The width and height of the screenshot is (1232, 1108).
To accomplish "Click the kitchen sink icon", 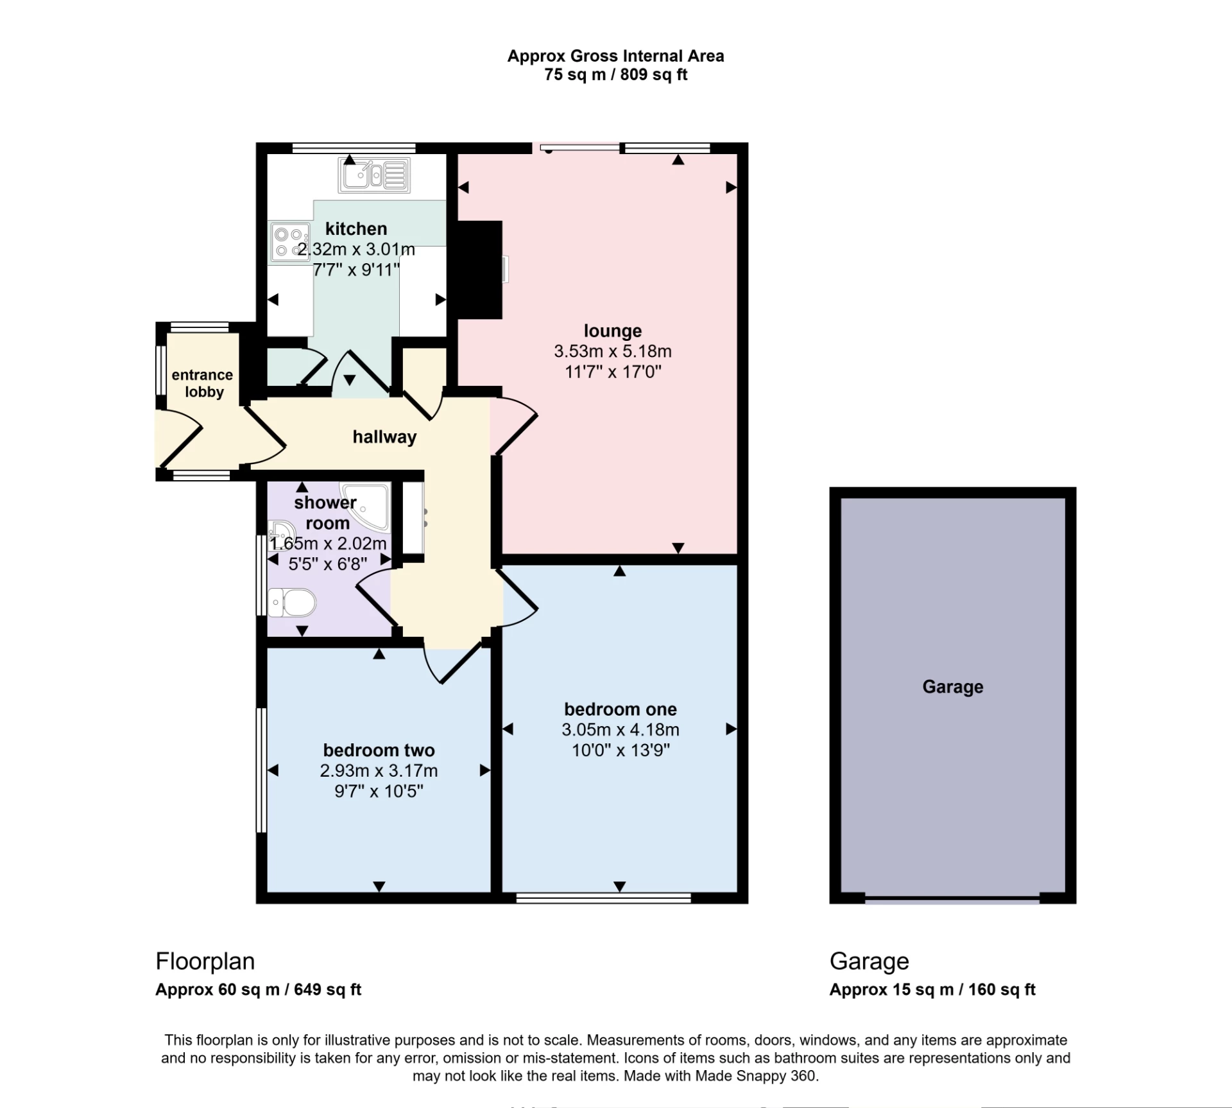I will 374,175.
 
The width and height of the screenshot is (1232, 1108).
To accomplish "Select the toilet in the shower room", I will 293,603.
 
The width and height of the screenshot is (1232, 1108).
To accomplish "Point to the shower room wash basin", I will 280,532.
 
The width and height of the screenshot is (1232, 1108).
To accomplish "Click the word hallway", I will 384,437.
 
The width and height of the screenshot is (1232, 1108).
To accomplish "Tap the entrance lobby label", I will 203,383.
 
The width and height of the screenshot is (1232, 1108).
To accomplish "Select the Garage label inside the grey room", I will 952,687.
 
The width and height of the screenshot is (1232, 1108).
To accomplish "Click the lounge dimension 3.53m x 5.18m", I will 612,351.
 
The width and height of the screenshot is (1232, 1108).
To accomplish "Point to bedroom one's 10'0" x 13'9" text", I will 620,750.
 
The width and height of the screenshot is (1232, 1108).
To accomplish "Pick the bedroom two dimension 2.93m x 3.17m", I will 379,770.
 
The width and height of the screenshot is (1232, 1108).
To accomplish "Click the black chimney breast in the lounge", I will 478,270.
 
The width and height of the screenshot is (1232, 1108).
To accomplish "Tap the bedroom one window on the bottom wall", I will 603,898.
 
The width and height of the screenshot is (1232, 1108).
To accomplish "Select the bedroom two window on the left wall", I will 261,770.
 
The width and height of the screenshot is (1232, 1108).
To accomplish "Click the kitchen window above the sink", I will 354,148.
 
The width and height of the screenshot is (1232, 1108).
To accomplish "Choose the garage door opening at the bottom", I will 952,900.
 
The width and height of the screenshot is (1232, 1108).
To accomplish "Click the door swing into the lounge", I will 513,424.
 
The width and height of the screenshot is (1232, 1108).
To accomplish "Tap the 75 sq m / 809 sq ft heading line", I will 615,75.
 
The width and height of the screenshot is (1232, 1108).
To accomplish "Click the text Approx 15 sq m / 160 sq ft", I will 932,989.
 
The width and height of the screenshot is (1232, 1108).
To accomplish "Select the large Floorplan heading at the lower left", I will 205,961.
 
